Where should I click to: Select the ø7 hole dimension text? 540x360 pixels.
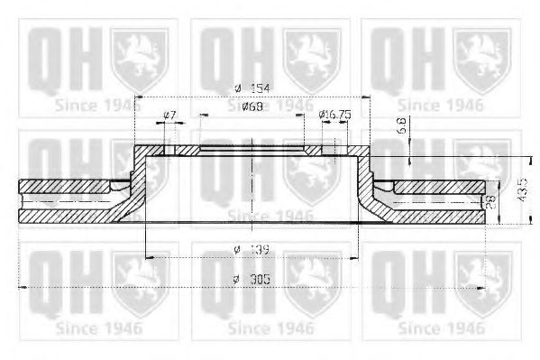click(x=169, y=114)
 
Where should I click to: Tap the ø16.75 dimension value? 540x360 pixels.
click(x=335, y=114)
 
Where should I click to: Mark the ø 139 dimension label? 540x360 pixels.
click(x=250, y=247)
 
